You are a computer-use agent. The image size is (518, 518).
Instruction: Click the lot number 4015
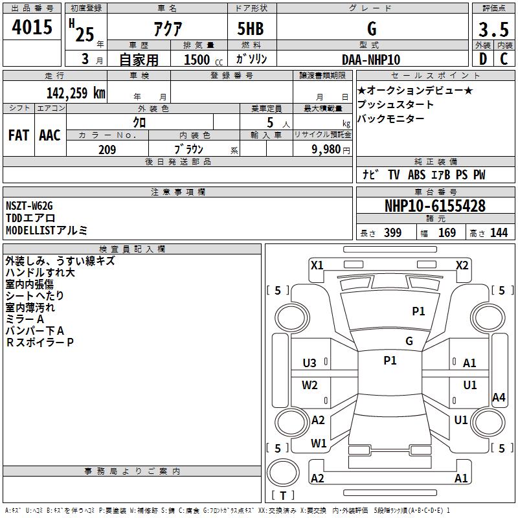coord(32,28)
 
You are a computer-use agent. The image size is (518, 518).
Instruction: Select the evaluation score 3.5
coord(493,30)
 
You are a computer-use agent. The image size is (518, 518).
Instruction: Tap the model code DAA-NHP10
coord(371,60)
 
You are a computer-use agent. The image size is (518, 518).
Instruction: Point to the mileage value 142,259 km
coord(76,93)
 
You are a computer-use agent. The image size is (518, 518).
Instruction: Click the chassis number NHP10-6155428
coord(435,206)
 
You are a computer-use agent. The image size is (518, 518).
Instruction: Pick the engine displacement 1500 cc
coord(197,60)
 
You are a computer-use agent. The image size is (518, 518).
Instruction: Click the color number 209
coord(107,150)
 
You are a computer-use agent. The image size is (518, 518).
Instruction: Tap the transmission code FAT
coord(19,135)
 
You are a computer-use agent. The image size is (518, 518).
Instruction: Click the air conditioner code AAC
coord(50,135)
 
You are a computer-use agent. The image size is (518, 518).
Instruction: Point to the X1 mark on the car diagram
coord(317,265)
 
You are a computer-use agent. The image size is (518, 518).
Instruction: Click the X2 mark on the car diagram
coord(462,265)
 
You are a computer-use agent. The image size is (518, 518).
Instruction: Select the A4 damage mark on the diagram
coord(498,398)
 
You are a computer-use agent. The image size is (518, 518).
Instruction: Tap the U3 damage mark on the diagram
coord(310,363)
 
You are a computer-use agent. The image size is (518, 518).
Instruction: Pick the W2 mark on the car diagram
coord(310,385)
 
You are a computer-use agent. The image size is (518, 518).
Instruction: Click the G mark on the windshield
coord(409,341)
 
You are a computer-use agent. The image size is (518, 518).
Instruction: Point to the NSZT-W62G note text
coord(28,206)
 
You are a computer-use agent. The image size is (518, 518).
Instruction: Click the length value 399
coord(392,233)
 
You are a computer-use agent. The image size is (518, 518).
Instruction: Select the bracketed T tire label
coord(283,495)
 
